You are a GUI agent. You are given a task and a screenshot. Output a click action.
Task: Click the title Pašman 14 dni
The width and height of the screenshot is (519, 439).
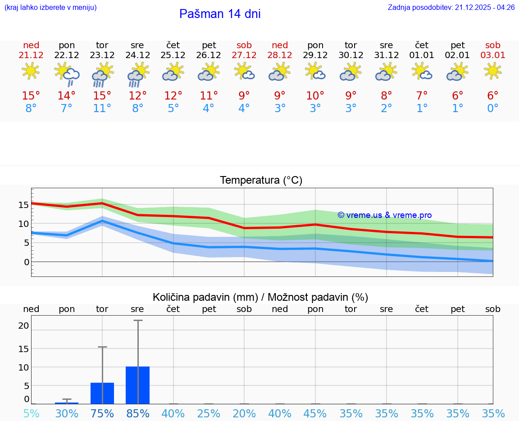tap(220, 14)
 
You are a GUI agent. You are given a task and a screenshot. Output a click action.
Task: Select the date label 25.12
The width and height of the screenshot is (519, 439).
tap(173, 55)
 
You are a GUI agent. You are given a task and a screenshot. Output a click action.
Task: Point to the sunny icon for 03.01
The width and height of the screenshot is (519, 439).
tap(492, 71)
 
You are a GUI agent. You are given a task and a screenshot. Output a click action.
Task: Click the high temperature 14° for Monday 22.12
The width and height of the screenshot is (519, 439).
tap(67, 96)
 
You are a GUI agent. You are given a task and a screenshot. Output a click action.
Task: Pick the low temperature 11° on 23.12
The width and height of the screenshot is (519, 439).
tap(102, 109)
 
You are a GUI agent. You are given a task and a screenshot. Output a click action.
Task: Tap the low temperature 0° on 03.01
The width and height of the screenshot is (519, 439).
tap(492, 109)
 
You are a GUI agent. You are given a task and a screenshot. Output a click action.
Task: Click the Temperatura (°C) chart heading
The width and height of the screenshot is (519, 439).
tap(261, 180)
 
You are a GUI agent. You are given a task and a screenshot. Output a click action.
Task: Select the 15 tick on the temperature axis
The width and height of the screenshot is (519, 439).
tap(23, 204)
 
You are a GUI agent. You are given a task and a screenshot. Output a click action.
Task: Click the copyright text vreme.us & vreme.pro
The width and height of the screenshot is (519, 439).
tap(385, 215)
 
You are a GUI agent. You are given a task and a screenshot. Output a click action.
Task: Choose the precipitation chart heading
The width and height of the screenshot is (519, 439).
tap(260, 297)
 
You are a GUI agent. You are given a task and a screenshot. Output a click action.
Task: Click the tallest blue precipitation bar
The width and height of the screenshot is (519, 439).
tap(137, 385)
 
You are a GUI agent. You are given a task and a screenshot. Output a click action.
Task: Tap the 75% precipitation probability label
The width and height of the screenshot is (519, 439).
tap(102, 413)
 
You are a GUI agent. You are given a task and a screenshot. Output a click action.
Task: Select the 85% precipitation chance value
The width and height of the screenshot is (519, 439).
tap(137, 413)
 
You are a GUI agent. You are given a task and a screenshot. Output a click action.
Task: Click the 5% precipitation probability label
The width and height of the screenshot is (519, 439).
tap(31, 413)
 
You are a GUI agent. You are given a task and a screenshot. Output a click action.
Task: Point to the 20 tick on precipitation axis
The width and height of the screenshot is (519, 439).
tap(23, 326)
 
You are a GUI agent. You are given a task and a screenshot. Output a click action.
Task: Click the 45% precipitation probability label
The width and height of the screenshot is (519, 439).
tap(315, 413)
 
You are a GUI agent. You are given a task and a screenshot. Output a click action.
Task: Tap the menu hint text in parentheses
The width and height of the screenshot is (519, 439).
tap(50, 8)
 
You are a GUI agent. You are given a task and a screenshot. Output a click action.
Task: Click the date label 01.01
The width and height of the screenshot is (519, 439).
tap(422, 55)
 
